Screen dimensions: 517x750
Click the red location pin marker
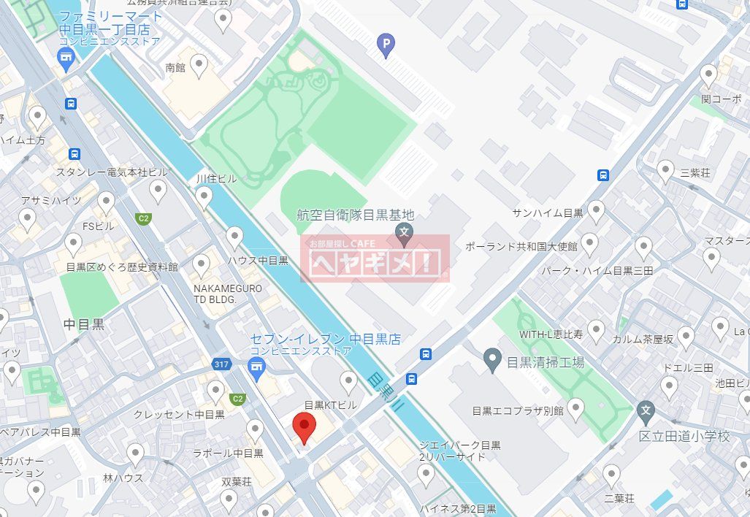(304, 426)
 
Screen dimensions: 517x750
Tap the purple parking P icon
(385, 46)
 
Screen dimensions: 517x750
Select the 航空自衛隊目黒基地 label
(356, 215)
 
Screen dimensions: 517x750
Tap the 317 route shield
(222, 364)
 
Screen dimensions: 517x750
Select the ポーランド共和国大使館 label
(521, 247)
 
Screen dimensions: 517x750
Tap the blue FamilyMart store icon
(66, 59)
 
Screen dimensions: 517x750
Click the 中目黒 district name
(84, 323)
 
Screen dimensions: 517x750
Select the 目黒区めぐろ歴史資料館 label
(121, 267)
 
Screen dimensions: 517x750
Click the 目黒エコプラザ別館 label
(519, 410)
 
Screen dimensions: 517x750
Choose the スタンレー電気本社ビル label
(112, 172)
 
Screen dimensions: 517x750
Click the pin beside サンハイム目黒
(597, 211)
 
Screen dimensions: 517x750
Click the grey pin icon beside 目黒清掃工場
(493, 359)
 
